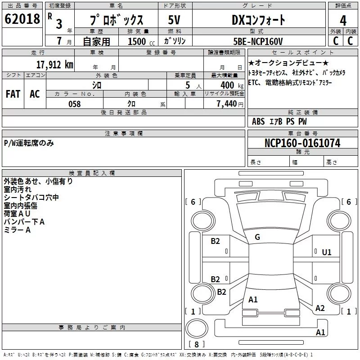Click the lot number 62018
[x=22, y=19]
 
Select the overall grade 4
[x=343, y=21]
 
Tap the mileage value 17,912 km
[x=54, y=65]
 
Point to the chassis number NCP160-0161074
[x=302, y=143]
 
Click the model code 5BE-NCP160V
[x=258, y=41]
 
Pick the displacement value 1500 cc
[x=141, y=41]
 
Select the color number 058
[x=74, y=104]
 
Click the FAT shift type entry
[x=13, y=94]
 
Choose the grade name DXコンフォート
[x=258, y=20]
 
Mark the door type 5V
[x=174, y=20]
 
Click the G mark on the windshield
[x=257, y=237]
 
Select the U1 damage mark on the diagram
[x=327, y=252]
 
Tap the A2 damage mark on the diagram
[x=320, y=308]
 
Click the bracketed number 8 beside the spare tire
[x=197, y=344]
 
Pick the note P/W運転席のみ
[x=29, y=143]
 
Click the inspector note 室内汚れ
[x=18, y=189]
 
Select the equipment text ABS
[x=258, y=121]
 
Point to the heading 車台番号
[x=303, y=133]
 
